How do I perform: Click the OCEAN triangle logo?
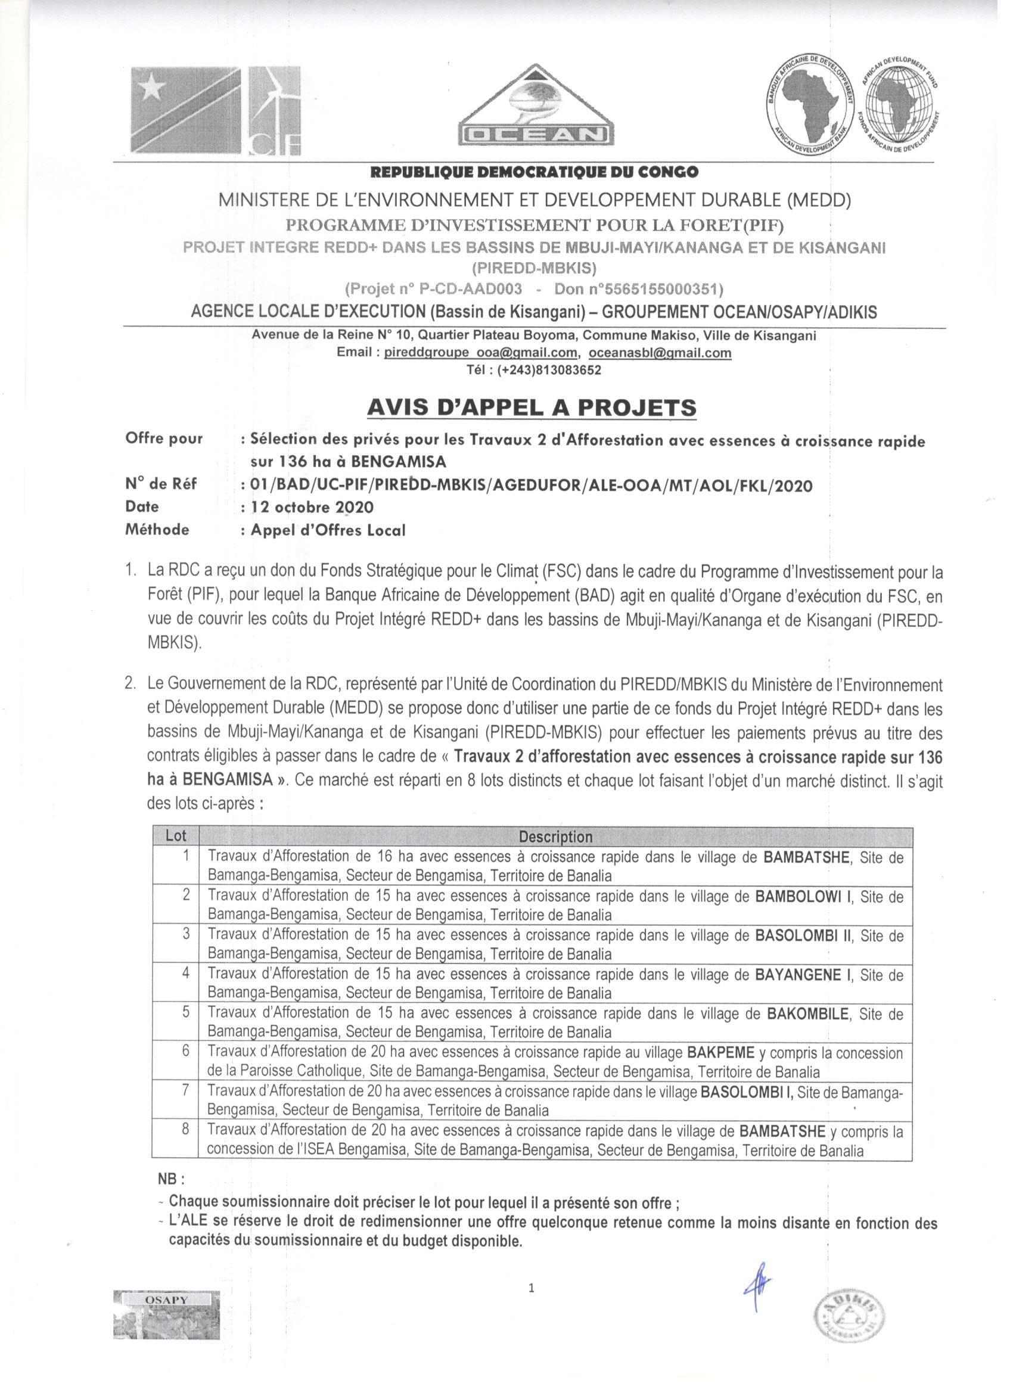[536, 105]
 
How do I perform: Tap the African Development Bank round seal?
[810, 105]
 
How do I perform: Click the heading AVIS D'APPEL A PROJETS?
[532, 407]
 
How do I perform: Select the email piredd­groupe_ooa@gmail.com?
[480, 353]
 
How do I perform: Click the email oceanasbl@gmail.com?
[660, 353]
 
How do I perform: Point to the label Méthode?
[157, 530]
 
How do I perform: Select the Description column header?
[555, 837]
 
